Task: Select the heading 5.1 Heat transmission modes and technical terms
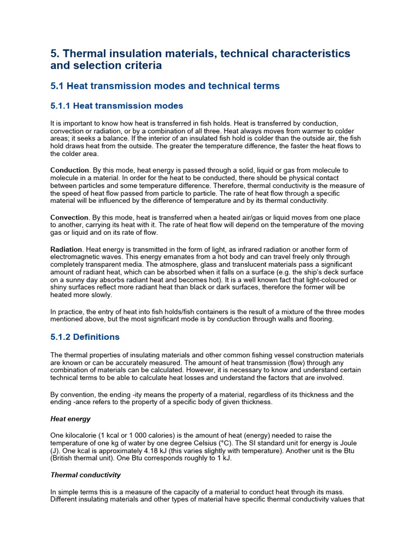(x=165, y=85)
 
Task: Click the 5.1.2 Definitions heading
(x=84, y=337)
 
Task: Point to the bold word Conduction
(x=69, y=170)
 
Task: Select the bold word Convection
(x=69, y=217)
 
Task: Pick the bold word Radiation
(x=66, y=249)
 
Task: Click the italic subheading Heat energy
(x=70, y=419)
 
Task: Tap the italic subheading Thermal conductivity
(x=86, y=475)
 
